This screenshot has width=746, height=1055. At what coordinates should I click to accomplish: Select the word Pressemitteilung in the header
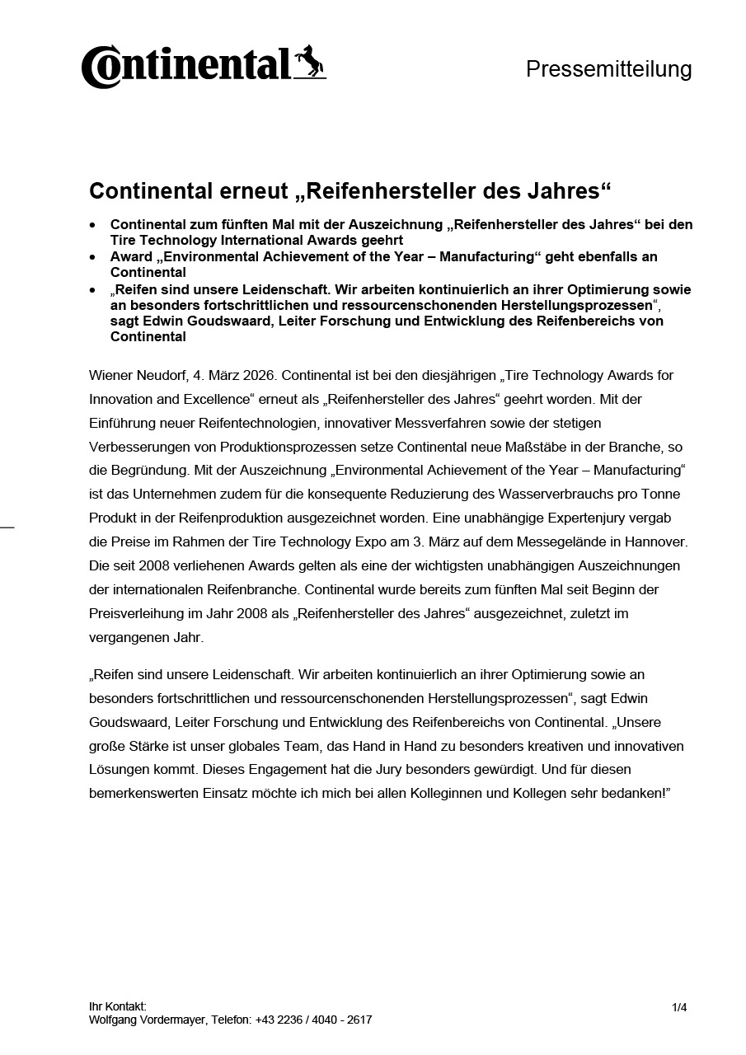(608, 69)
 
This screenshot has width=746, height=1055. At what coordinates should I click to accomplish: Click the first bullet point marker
(93, 224)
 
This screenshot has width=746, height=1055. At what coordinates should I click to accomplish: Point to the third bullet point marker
(93, 290)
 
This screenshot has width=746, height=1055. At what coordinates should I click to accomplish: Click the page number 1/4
(679, 1007)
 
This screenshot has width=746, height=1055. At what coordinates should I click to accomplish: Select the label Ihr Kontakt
(118, 1006)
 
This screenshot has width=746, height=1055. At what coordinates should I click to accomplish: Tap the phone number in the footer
(313, 1020)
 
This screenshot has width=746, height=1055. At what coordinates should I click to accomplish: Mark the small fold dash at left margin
(7, 526)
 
